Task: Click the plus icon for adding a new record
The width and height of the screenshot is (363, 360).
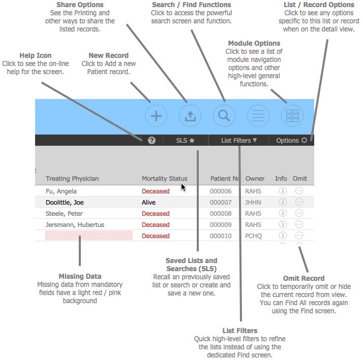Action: point(156,116)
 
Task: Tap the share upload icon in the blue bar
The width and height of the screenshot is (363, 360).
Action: point(190,116)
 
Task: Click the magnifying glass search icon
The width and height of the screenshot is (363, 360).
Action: point(224,116)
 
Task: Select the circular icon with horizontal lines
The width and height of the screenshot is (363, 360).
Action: point(258,116)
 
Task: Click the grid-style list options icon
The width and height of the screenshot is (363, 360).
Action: point(292,116)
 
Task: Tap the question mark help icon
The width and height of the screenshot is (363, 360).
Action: point(152,141)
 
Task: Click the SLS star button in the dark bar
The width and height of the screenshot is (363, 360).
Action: point(185,141)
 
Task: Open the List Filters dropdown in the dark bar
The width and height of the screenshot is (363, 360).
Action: point(238,141)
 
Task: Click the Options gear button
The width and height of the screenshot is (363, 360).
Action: point(291,141)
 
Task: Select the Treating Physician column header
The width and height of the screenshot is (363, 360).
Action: point(72,178)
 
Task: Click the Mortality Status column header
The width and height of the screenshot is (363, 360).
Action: point(164,178)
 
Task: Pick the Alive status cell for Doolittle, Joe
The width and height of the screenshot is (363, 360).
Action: point(148,203)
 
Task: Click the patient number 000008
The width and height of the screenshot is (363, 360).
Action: point(221,214)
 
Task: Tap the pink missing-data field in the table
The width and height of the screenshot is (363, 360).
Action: point(89,236)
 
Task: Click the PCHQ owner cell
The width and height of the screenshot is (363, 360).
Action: point(254,236)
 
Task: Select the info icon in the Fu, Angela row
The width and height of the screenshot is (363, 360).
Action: point(283,191)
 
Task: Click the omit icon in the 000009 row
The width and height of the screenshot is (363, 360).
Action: point(299,225)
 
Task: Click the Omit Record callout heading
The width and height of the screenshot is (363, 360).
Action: point(304,278)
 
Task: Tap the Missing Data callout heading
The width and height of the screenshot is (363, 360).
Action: point(80,276)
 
